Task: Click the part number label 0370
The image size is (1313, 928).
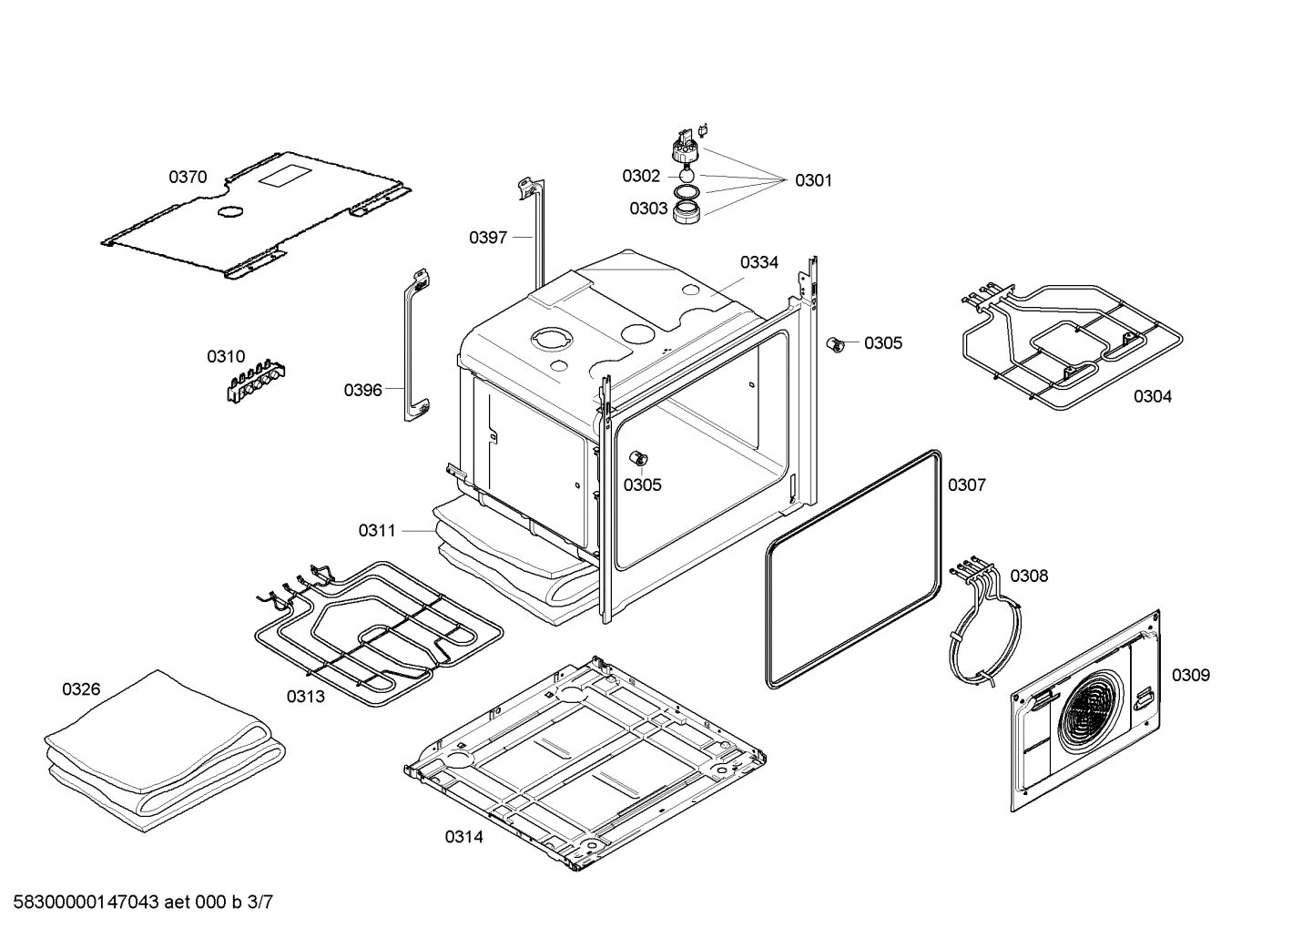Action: pos(188,177)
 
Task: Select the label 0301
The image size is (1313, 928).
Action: pos(814,180)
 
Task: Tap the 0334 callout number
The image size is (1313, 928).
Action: pos(759,262)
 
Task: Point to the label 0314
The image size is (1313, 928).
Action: pos(463,837)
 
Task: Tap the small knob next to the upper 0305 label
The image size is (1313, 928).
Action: pos(835,345)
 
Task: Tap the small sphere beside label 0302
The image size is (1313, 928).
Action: pos(687,175)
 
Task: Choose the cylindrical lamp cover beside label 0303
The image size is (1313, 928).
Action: pos(687,212)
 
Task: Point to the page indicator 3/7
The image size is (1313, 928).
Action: pos(260,902)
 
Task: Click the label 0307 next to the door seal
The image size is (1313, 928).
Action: pos(967,484)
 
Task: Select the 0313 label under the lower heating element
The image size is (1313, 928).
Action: pos(305,697)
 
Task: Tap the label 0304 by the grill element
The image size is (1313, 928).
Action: pos(1153,397)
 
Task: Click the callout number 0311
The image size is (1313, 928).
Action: pos(377,531)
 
